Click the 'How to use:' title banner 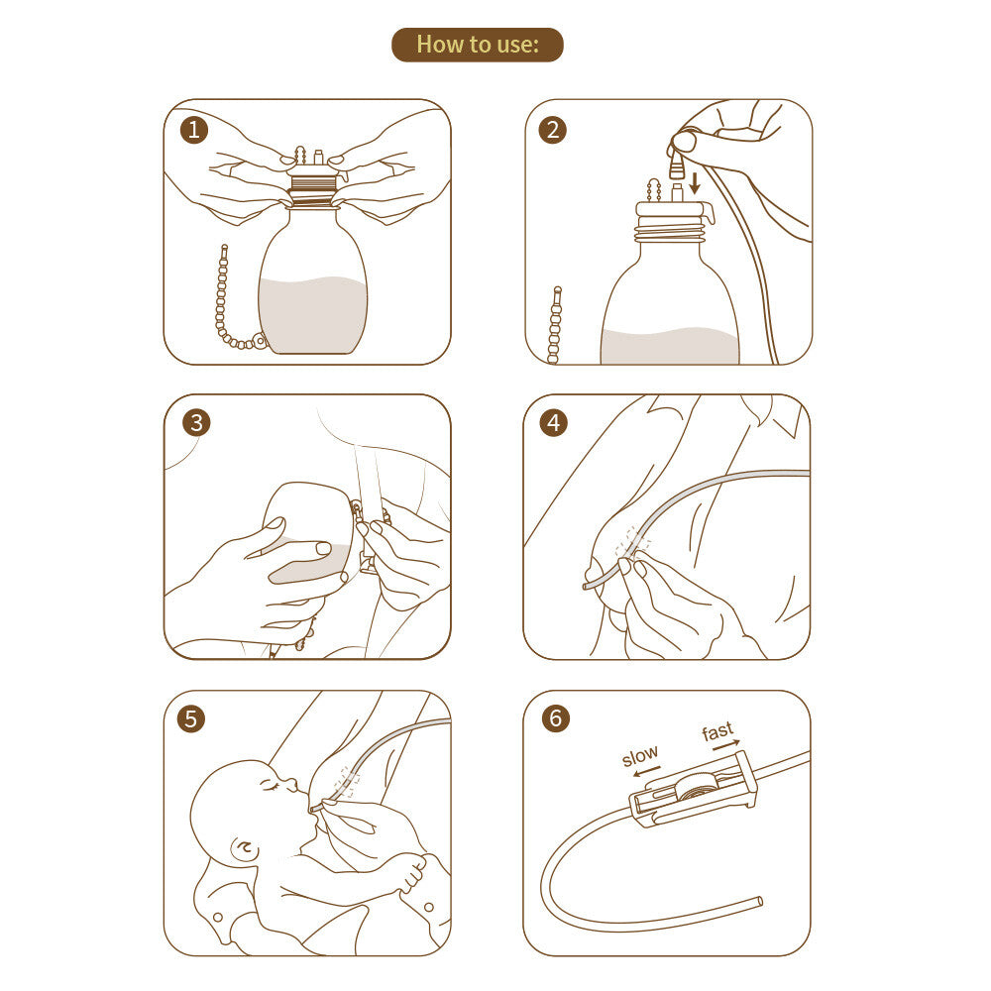(x=478, y=45)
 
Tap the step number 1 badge (x=194, y=130)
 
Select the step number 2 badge (x=552, y=130)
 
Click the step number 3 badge (x=196, y=423)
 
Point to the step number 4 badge (x=554, y=423)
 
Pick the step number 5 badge (x=191, y=718)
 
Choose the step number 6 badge (x=556, y=717)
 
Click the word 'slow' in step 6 (x=639, y=755)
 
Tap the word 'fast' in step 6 (x=717, y=731)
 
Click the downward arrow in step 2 (x=695, y=183)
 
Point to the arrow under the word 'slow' (x=646, y=772)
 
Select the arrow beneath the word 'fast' (x=726, y=744)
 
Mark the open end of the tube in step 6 (x=760, y=901)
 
